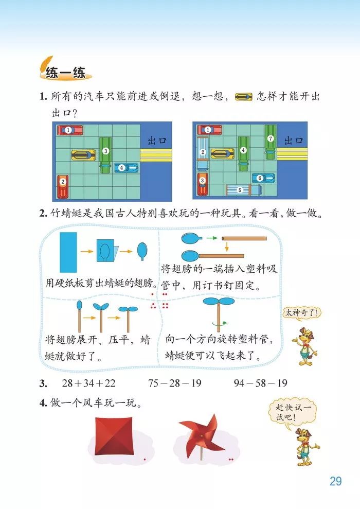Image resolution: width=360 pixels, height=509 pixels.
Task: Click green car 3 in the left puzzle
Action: [105, 151]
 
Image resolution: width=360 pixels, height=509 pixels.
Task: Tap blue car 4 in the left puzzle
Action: [125, 167]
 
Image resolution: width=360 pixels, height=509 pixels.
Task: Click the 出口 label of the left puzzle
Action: [157, 140]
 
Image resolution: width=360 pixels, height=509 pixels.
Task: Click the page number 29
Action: [335, 481]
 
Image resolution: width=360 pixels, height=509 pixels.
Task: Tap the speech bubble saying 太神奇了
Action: [301, 312]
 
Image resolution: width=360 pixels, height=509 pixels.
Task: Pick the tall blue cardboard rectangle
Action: [68, 252]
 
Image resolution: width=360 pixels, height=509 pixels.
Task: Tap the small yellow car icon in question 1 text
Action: [243, 97]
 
